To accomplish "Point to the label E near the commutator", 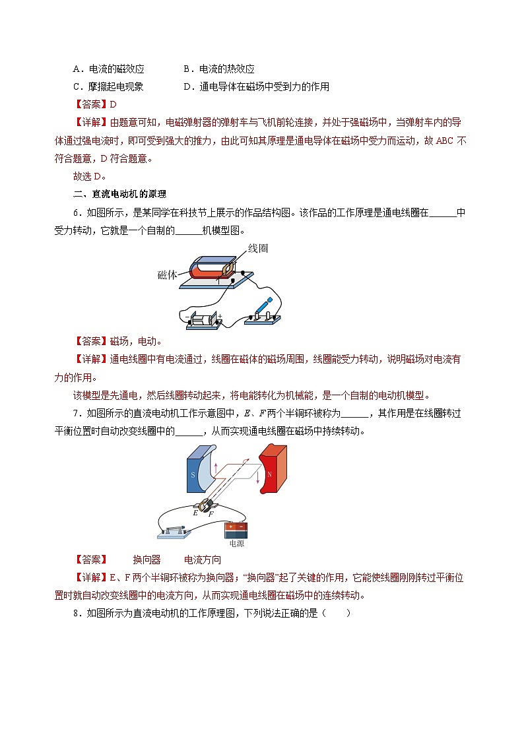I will [195, 511].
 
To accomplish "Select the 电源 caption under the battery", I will [236, 544].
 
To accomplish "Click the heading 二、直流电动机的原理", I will [119, 194].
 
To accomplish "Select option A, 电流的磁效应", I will [108, 69].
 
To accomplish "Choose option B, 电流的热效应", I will [219, 69].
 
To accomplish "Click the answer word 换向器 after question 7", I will [147, 560].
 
